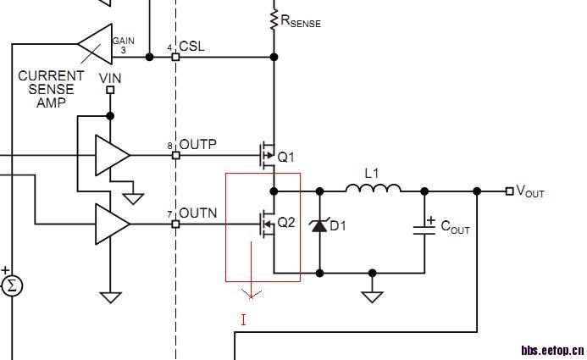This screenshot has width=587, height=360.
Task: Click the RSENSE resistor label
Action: coord(301,21)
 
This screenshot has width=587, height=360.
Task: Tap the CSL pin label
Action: coord(191,47)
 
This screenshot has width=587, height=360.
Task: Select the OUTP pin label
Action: coord(197,145)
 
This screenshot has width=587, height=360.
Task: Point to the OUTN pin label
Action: coord(197,213)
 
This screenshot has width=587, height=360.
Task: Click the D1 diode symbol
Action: coord(319,224)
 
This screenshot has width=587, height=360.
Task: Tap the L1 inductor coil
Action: coord(373,188)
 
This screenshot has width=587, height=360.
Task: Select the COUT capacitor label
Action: coord(455,230)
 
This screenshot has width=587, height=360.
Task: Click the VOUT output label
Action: coord(530,191)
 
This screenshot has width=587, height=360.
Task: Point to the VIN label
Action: coord(110,78)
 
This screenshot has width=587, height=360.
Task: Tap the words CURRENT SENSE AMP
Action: coord(51,89)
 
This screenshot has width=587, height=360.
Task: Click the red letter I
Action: coord(244,319)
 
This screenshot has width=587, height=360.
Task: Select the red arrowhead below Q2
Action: coord(252,294)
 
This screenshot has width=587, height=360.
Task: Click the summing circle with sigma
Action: coord(11,285)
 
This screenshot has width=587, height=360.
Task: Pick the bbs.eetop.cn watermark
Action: coord(551,349)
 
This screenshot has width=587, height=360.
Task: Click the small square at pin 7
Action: coord(175,224)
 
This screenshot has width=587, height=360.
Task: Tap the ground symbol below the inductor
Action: coord(372,296)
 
